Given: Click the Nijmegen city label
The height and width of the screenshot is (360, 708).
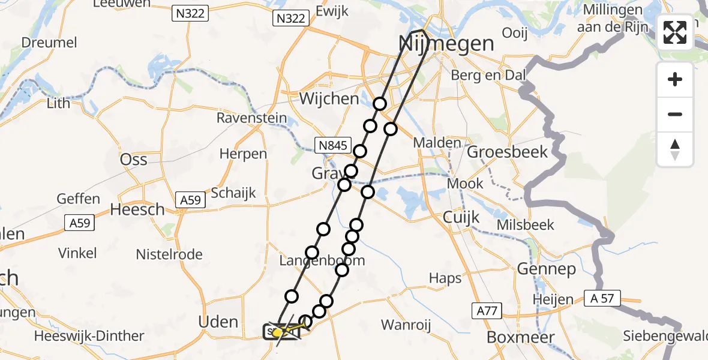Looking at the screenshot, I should tap(446, 43).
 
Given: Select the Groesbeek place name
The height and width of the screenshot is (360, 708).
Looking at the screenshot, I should tap(508, 152).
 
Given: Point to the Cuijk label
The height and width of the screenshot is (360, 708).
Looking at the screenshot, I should tap(461, 217).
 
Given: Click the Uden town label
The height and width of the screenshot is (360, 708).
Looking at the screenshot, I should tap(218, 322).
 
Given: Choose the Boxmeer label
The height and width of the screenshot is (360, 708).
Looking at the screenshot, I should tap(515, 337).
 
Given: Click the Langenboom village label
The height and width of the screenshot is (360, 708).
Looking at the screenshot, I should tap(322, 261).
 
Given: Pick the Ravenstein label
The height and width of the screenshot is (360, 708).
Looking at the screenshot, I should tap(251, 118).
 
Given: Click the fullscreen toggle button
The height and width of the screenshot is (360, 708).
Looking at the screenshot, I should tap(675, 32).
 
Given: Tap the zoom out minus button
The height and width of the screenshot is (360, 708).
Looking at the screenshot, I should tap(675, 114).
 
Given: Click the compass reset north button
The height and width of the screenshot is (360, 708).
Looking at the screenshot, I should tap(675, 149).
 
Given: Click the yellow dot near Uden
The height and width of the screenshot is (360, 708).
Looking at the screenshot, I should tap(278, 332).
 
